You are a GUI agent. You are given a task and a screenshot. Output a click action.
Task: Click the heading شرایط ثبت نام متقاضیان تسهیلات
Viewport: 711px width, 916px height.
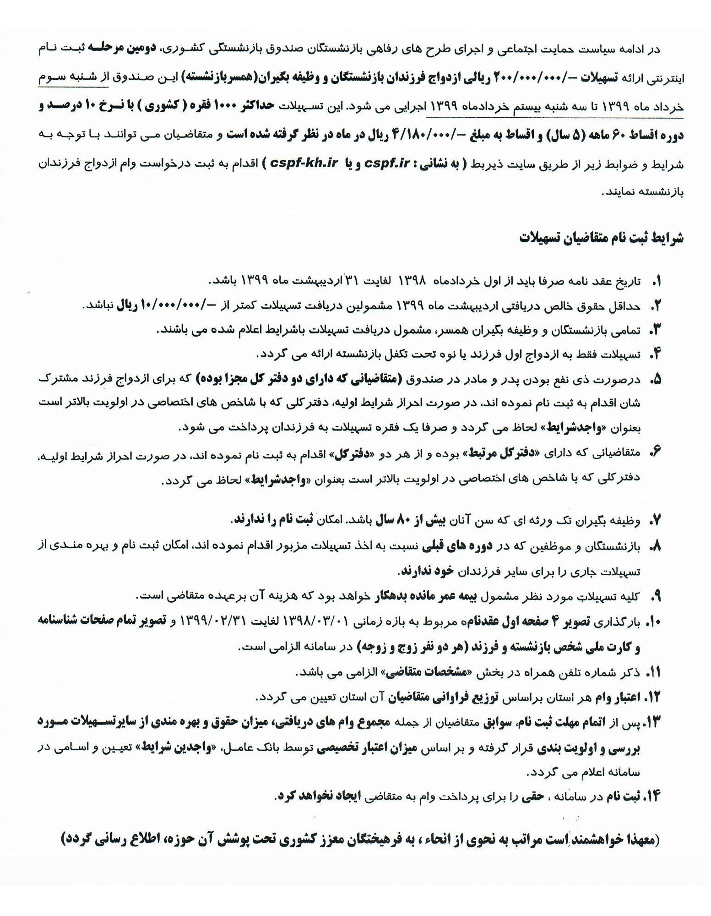click(x=601, y=238)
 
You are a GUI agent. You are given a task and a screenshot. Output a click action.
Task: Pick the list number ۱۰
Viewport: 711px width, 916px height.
click(x=653, y=622)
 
